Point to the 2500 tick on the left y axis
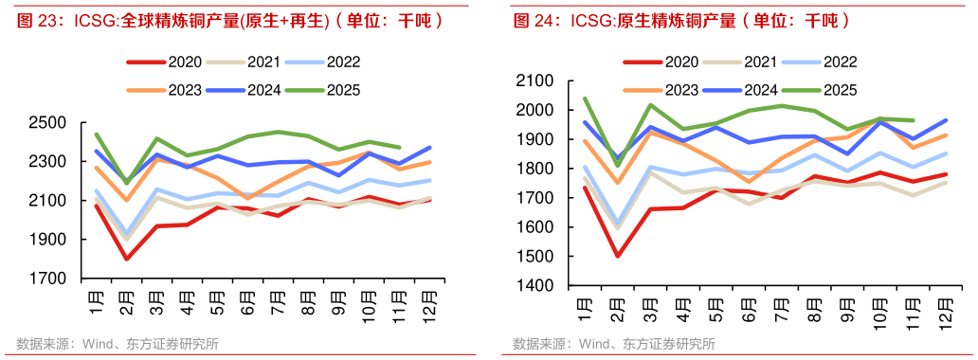point(47,123)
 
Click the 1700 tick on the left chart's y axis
point(47,279)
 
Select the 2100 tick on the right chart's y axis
point(540,81)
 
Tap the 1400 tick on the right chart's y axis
point(540,286)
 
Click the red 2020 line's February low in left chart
point(126,259)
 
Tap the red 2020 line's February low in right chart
point(618,256)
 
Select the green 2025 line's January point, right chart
point(585,99)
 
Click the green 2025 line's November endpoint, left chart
point(400,148)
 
